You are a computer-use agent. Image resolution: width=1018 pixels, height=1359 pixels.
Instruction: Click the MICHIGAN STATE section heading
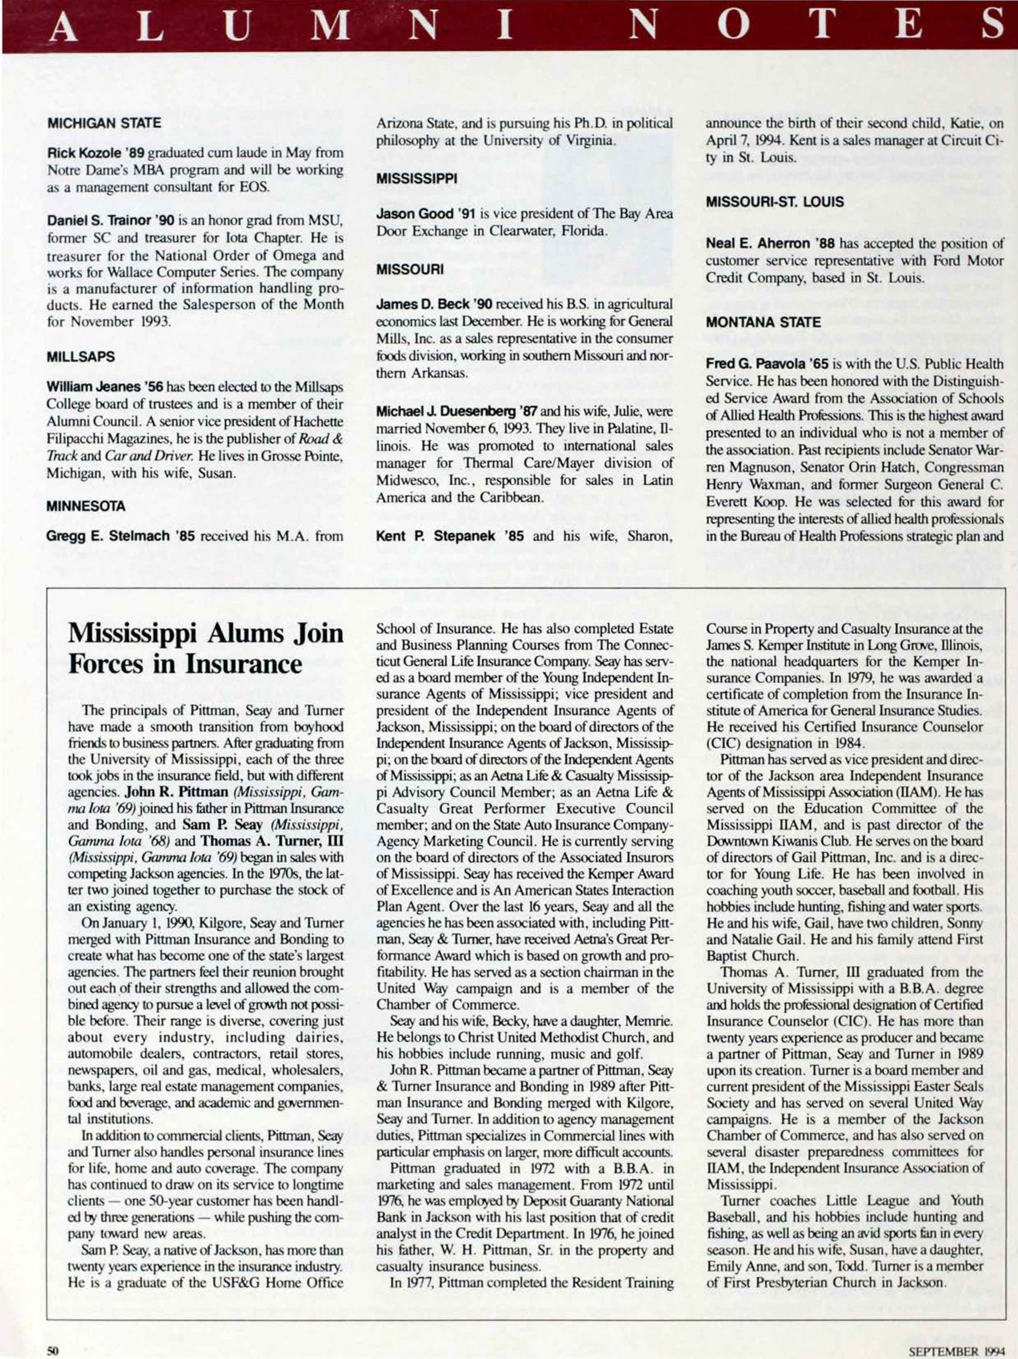click(x=104, y=123)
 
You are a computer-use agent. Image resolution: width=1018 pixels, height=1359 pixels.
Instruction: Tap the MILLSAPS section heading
click(x=81, y=357)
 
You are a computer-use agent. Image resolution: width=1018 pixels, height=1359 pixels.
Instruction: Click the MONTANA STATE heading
click(x=763, y=322)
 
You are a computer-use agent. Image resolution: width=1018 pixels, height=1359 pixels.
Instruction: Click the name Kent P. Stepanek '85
click(x=450, y=536)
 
